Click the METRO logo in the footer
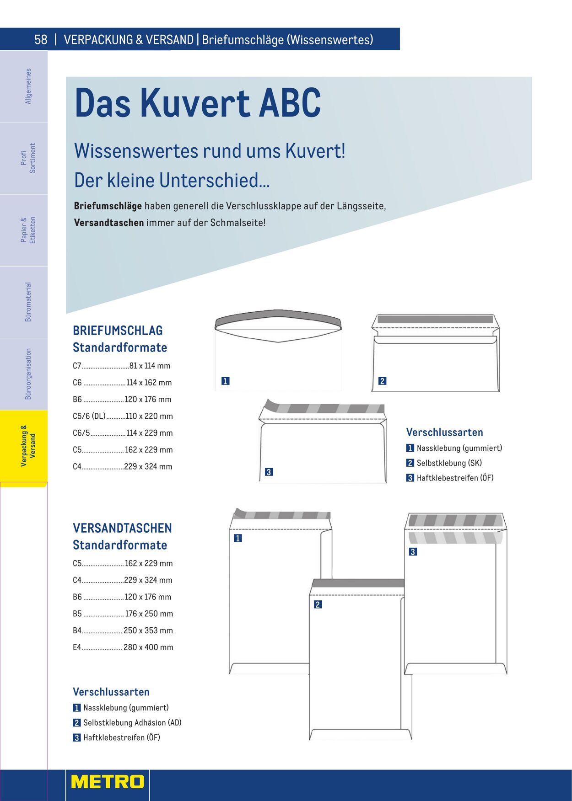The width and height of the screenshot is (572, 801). click(x=108, y=781)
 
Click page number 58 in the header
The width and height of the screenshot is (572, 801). click(x=41, y=40)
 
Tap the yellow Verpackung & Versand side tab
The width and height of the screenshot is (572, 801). click(x=27, y=446)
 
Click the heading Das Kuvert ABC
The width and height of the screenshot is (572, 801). click(x=198, y=103)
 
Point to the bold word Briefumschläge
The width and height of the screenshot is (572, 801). click(x=108, y=206)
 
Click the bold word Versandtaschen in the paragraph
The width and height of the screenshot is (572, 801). click(x=109, y=223)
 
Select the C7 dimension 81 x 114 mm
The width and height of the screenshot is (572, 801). click(x=150, y=366)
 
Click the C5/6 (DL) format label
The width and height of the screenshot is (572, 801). click(x=89, y=416)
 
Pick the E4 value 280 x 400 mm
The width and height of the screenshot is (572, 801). click(x=148, y=647)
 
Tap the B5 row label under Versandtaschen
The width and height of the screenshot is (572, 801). click(x=77, y=614)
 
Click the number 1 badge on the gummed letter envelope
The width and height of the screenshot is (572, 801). click(x=225, y=381)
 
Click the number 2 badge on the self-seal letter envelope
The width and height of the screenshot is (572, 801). click(x=382, y=381)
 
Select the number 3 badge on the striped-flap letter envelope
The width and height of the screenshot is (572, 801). click(x=269, y=472)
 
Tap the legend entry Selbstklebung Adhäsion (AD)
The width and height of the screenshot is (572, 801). click(x=132, y=723)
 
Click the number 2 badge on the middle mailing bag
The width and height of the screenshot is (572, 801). click(x=318, y=604)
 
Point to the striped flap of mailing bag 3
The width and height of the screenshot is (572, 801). click(x=455, y=520)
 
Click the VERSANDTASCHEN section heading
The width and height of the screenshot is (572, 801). click(x=122, y=528)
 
